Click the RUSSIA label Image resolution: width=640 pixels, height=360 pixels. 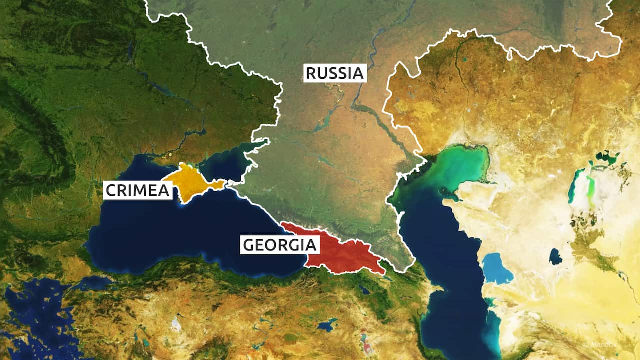[x=334, y=73]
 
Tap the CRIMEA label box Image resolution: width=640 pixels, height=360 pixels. [x=138, y=190]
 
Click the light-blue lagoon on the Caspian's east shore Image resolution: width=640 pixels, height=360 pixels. [x=497, y=268]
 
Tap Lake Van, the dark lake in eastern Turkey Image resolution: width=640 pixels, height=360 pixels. [x=328, y=325]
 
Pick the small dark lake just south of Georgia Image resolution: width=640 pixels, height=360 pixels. [x=364, y=289]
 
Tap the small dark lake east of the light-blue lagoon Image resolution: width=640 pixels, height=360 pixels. [x=555, y=256]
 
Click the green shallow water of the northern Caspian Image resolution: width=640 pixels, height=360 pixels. [x=460, y=167]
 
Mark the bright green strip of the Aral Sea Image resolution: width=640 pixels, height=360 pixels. [x=591, y=185]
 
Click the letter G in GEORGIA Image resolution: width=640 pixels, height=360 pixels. [x=248, y=245]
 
